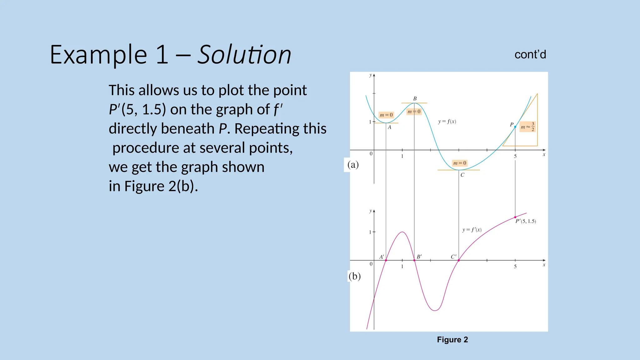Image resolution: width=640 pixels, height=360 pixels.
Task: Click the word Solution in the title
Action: [x=244, y=55]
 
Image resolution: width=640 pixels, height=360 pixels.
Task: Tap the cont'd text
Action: [x=530, y=55]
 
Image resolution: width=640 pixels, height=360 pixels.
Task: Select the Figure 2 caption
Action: [x=452, y=340]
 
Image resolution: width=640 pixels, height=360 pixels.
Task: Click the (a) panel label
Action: [x=353, y=165]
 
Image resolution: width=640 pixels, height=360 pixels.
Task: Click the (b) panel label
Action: [x=354, y=276]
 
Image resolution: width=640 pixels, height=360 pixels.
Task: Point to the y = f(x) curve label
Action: [x=447, y=122]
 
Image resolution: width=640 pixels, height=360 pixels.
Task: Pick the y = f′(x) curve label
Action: [x=472, y=230]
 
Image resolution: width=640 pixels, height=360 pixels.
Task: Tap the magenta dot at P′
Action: [x=515, y=217]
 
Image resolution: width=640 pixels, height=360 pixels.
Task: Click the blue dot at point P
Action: [x=515, y=127]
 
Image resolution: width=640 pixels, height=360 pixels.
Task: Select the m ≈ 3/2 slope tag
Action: [x=527, y=127]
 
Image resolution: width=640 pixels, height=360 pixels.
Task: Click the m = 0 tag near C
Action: [x=460, y=163]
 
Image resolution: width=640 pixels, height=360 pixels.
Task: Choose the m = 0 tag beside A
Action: [x=386, y=115]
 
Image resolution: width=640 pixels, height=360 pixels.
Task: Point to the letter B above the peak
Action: [x=415, y=99]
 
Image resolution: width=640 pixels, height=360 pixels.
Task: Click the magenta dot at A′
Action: [x=386, y=260]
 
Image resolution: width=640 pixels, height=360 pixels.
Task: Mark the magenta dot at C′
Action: [x=458, y=260]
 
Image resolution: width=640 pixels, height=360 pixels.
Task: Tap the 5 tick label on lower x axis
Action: [x=515, y=267]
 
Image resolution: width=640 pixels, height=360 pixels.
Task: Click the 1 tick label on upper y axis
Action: [x=370, y=122]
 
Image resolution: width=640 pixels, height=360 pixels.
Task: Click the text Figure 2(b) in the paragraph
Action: [x=161, y=186]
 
